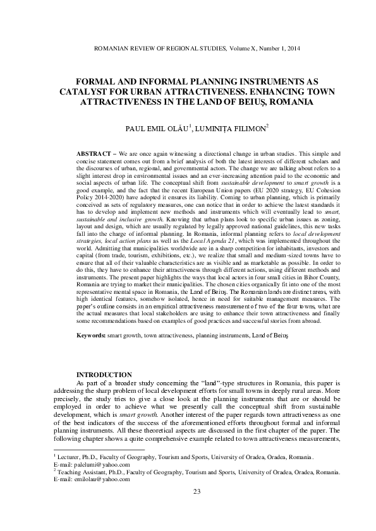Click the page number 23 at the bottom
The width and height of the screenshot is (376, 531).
(188, 509)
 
